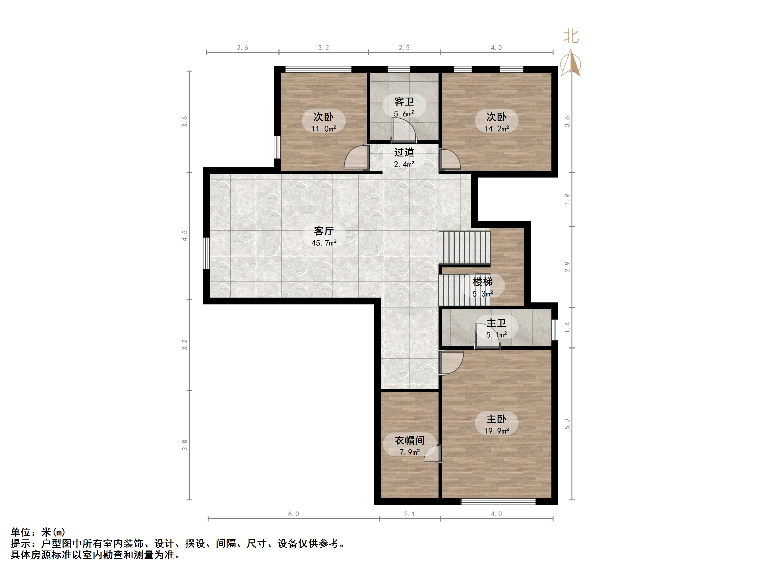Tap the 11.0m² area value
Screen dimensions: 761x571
click(323, 129)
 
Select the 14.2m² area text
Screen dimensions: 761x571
click(497, 129)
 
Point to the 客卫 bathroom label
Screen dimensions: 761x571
click(404, 102)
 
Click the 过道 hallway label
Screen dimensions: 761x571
click(404, 152)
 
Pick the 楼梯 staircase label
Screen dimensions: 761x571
click(482, 282)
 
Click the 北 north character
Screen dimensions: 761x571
click(571, 36)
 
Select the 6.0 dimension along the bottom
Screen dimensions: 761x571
click(293, 514)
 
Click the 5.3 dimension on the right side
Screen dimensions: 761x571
click(567, 424)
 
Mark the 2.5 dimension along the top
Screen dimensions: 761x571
click(404, 48)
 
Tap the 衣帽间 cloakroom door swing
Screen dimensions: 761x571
click(432, 453)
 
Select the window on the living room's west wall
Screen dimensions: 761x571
click(206, 253)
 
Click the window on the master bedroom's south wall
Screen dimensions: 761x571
click(498, 502)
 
